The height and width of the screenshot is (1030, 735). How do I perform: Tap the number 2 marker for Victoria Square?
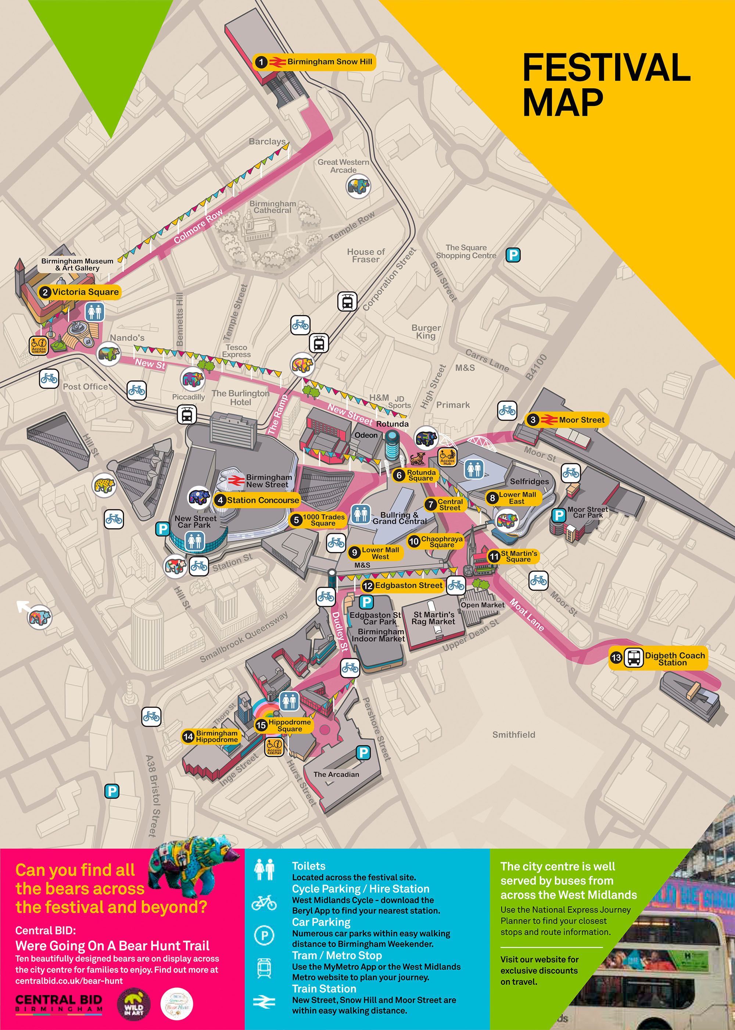tap(45, 292)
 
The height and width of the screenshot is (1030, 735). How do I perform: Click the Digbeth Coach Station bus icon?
tap(633, 658)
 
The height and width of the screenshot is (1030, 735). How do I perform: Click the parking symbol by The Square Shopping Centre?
tap(512, 255)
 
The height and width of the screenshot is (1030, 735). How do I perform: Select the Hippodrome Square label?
tap(289, 725)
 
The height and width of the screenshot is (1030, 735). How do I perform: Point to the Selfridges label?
tap(529, 482)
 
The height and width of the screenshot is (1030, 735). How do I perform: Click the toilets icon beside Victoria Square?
tap(94, 312)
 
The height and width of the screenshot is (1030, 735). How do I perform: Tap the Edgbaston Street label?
tap(408, 585)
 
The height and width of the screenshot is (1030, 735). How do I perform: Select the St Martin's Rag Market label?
tap(433, 618)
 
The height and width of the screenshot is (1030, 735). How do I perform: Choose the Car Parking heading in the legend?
tap(321, 922)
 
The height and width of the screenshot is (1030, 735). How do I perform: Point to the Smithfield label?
tap(513, 734)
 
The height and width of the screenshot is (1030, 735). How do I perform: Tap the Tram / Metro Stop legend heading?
tap(337, 955)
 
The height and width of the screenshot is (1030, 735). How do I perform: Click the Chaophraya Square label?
tap(441, 542)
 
